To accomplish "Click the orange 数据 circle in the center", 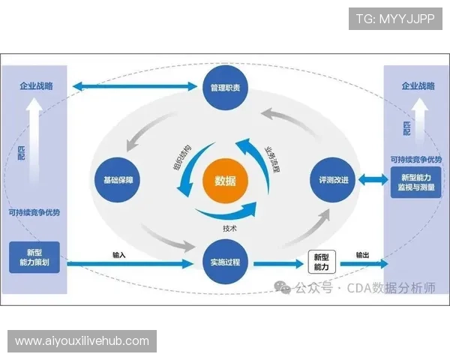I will coord(225,181).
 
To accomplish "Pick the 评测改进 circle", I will coord(331,181).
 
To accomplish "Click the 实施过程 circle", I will coord(225,262).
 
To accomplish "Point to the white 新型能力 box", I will coord(321,262).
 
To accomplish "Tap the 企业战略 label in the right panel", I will coord(415,87).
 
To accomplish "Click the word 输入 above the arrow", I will coord(119,254).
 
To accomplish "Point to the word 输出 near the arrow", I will coord(363,255).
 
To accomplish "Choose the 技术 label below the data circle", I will coord(229,228).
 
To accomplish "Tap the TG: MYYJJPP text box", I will coord(395,18).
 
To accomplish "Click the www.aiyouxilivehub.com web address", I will coord(83,341).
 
